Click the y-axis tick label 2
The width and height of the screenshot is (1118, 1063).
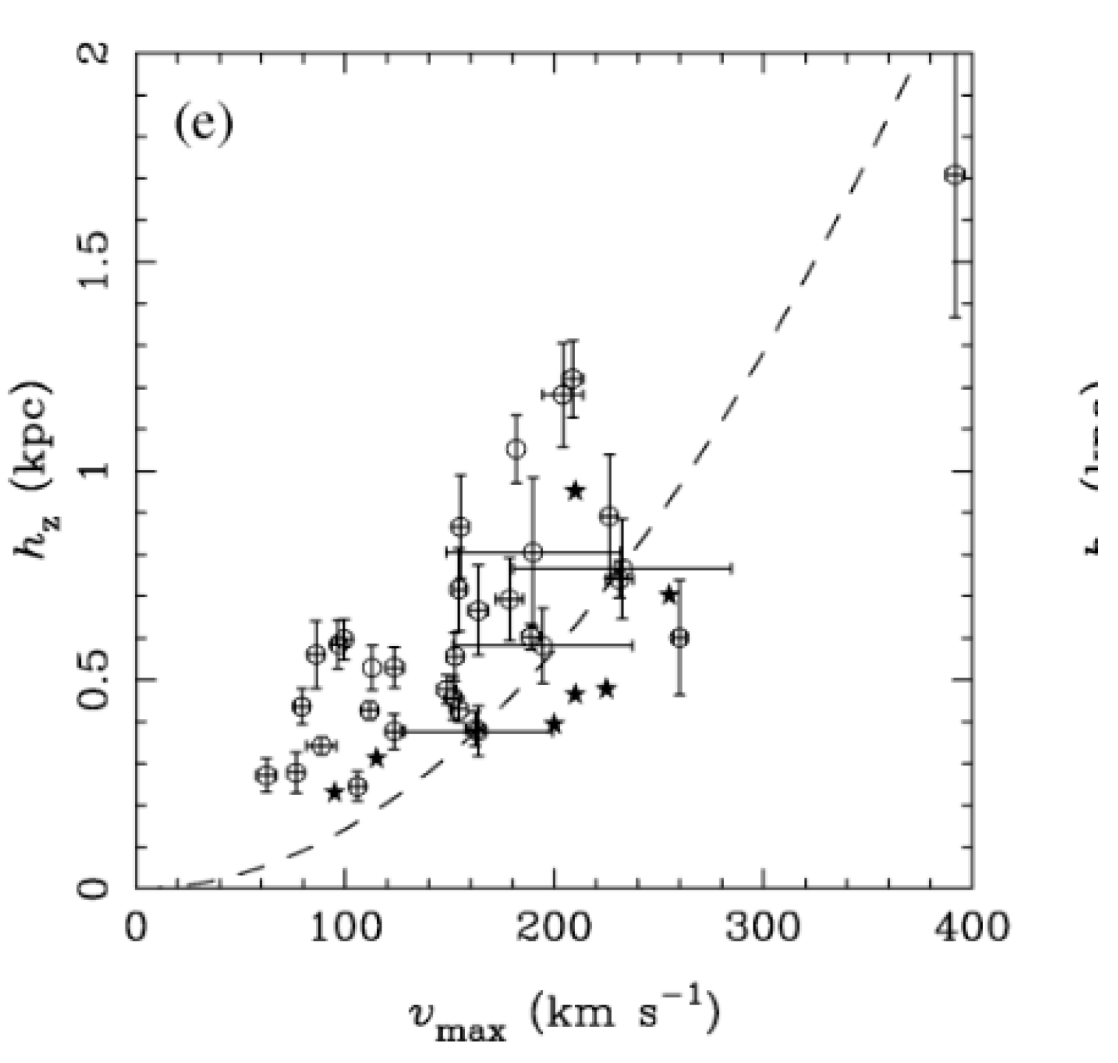tap(94, 54)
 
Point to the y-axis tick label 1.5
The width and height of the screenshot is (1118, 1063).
tap(94, 263)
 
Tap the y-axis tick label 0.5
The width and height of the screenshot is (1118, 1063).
tap(94, 679)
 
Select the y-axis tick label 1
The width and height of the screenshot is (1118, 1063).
tap(94, 470)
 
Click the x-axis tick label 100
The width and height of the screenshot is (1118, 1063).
tap(344, 927)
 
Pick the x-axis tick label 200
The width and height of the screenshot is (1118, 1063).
tap(553, 927)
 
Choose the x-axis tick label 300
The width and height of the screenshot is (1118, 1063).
tap(762, 927)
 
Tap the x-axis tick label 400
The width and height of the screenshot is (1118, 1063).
tap(971, 927)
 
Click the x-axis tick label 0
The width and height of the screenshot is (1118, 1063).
tap(136, 927)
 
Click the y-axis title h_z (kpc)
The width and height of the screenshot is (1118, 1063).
tap(34, 470)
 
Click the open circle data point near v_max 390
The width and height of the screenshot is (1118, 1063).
tap(955, 175)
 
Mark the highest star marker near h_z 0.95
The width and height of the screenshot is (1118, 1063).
tap(575, 490)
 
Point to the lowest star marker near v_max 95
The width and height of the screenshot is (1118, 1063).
tap(334, 792)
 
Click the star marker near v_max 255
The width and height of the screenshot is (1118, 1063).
tap(669, 595)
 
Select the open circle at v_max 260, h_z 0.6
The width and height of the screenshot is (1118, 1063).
tap(680, 638)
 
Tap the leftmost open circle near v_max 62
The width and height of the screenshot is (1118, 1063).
tap(266, 775)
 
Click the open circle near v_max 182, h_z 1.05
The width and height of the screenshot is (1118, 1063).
tap(517, 448)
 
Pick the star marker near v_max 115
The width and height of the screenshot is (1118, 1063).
tap(376, 757)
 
